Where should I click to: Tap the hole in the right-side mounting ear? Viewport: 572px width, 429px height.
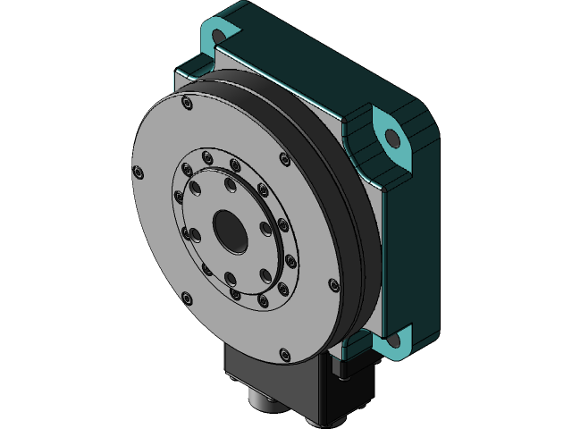[x=392, y=139]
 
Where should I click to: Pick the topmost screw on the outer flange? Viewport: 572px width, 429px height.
[x=186, y=105]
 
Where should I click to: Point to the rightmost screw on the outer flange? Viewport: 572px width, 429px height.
[x=333, y=285]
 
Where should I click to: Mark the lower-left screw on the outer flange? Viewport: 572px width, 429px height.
[x=186, y=298]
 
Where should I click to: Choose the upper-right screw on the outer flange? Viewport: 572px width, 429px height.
[x=285, y=160]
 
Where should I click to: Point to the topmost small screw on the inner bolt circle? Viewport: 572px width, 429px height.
[x=208, y=158]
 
